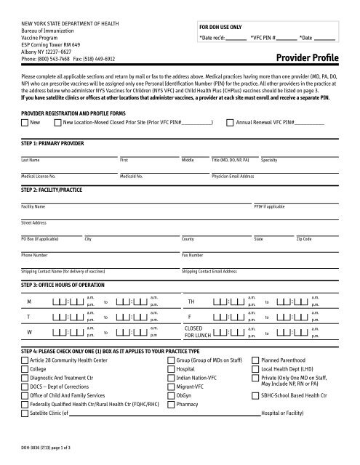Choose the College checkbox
[25, 369]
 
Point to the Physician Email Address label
[233, 177]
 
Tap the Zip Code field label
[304, 238]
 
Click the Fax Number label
[193, 256]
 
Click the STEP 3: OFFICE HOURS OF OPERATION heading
[69, 286]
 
